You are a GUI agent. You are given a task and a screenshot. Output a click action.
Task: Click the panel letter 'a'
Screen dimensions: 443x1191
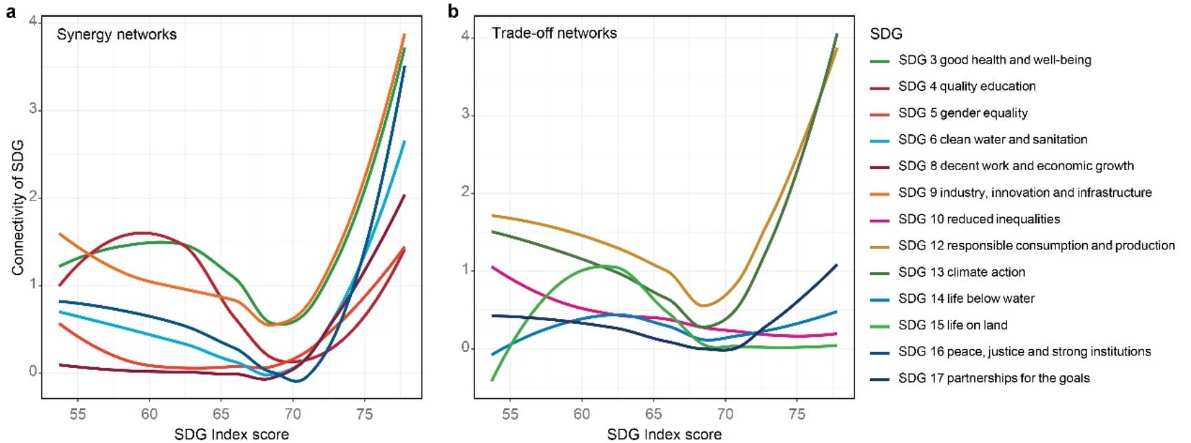click(x=10, y=12)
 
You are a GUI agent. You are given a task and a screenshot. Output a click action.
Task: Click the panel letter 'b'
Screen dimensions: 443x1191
click(x=453, y=11)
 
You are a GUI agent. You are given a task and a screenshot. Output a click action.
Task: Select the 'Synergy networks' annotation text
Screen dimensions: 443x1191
click(x=116, y=34)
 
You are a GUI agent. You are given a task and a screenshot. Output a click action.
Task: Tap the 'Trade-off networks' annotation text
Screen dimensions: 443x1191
click(x=554, y=33)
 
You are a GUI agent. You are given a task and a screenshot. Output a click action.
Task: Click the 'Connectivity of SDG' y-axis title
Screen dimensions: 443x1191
click(x=18, y=207)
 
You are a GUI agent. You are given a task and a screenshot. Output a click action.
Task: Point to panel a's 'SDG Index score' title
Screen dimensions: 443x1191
click(x=231, y=434)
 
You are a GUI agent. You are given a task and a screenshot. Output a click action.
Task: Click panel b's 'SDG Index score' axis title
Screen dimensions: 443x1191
click(x=664, y=434)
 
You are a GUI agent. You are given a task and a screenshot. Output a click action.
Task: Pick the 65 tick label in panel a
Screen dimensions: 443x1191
click(x=221, y=414)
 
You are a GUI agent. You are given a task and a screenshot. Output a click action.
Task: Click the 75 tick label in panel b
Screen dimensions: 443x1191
click(x=797, y=414)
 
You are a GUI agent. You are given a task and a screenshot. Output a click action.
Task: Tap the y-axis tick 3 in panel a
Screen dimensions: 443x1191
click(x=33, y=110)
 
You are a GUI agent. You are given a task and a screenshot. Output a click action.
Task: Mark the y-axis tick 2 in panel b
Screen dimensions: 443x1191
click(x=465, y=192)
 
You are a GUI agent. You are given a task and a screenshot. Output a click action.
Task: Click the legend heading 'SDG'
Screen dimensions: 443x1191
click(x=886, y=34)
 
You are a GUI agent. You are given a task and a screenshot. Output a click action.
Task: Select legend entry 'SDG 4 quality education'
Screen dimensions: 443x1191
click(x=967, y=86)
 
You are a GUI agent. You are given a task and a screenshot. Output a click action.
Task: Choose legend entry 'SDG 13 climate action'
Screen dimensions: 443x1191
click(x=961, y=272)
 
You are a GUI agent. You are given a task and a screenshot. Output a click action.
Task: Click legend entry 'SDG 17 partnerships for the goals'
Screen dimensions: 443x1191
click(x=993, y=378)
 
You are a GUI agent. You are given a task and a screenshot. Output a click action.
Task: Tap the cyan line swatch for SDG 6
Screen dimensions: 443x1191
click(x=880, y=141)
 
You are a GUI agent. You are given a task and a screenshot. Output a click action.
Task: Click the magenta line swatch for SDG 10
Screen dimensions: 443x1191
click(x=880, y=220)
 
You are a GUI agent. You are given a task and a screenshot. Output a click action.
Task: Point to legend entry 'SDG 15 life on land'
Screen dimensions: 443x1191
click(x=952, y=325)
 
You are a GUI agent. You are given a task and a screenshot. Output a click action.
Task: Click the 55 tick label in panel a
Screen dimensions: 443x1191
click(x=78, y=414)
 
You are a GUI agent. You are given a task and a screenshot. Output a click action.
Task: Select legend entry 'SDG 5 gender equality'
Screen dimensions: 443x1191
click(x=962, y=113)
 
